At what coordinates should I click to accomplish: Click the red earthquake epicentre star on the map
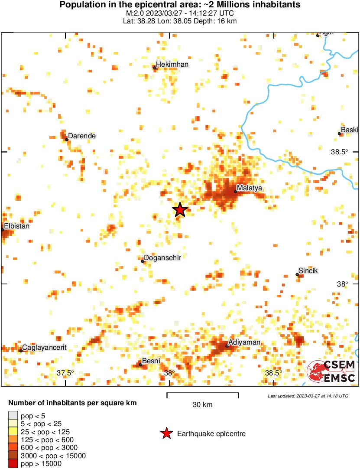(180, 210)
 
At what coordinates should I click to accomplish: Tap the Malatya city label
(250, 188)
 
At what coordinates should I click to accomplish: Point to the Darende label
(82, 136)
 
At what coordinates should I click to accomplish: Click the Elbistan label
(17, 226)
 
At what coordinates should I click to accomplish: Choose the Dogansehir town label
(162, 258)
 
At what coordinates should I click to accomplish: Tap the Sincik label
(308, 271)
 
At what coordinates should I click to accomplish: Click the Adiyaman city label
(244, 342)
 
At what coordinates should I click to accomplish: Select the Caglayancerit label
(44, 348)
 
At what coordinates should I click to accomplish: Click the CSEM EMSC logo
(331, 372)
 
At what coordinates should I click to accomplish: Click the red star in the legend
(166, 433)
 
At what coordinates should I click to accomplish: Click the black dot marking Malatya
(235, 191)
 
